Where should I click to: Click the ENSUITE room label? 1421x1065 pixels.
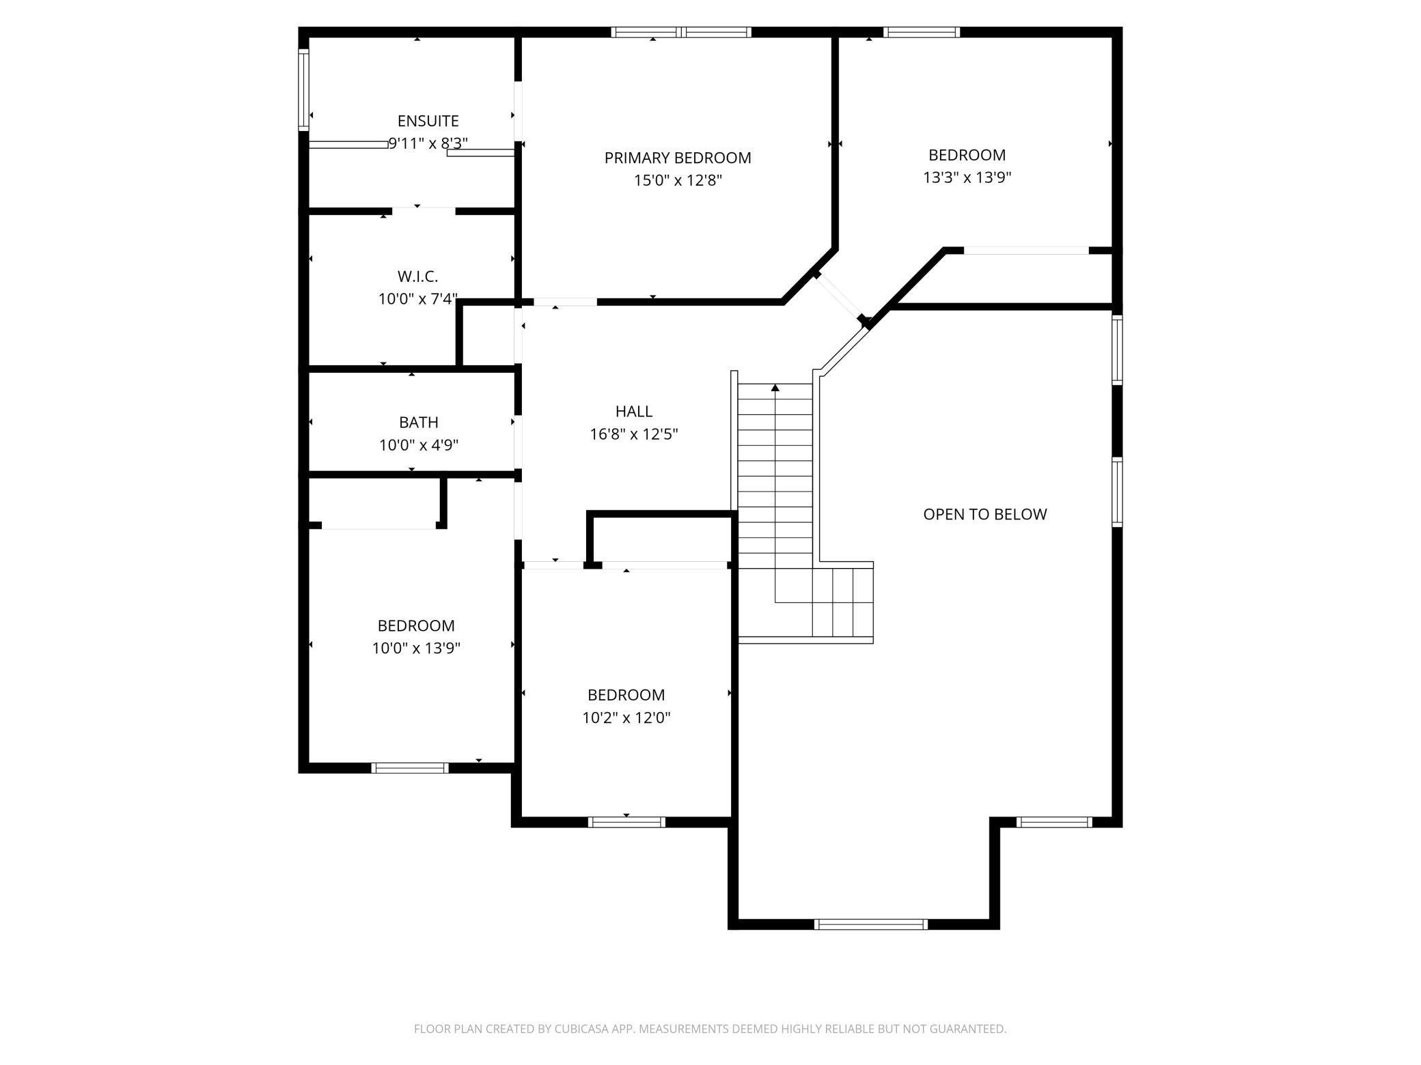tap(428, 121)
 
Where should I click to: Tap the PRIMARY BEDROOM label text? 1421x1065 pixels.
tap(678, 158)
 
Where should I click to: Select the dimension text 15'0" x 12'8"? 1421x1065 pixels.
tap(678, 180)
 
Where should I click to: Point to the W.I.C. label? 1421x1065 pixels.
tap(417, 276)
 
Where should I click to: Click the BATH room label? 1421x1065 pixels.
tap(419, 423)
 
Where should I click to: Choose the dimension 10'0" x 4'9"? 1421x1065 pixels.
tap(419, 445)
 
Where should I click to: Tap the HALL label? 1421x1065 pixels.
tap(634, 411)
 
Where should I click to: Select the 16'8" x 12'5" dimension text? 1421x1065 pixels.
tap(634, 434)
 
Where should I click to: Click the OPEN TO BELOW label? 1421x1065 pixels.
tap(984, 514)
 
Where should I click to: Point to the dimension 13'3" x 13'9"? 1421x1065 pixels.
tap(967, 177)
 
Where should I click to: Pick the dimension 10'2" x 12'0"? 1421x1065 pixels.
tap(626, 718)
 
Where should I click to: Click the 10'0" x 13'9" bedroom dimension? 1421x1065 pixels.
tap(416, 648)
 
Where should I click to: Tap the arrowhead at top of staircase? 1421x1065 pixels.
tap(775, 388)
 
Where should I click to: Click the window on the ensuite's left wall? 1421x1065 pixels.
tap(303, 89)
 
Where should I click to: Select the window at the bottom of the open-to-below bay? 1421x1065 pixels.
tap(871, 924)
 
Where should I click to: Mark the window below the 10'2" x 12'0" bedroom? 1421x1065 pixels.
tap(626, 822)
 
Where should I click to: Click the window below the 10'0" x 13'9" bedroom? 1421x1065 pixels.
tap(410, 768)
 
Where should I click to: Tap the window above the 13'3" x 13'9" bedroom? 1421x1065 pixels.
tap(922, 32)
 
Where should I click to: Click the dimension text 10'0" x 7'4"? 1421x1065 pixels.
tap(418, 299)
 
